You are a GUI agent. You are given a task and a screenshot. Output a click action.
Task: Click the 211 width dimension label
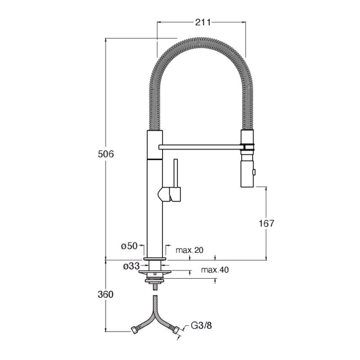tap(203, 22)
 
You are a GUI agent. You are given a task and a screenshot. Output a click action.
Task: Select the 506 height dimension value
tap(106, 154)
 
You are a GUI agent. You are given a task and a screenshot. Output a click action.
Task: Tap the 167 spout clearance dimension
tap(266, 223)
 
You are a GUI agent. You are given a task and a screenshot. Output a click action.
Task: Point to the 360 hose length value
tap(106, 294)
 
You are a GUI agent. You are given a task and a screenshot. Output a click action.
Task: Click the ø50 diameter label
tap(129, 246)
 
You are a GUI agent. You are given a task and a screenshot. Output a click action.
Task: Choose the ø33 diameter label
tap(131, 266)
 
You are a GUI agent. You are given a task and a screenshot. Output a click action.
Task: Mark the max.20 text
tap(189, 250)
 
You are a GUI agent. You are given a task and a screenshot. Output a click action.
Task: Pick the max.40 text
tap(215, 270)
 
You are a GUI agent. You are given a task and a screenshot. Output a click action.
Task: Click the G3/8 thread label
tap(201, 325)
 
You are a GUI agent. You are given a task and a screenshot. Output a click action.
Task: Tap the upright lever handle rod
tap(176, 173)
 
